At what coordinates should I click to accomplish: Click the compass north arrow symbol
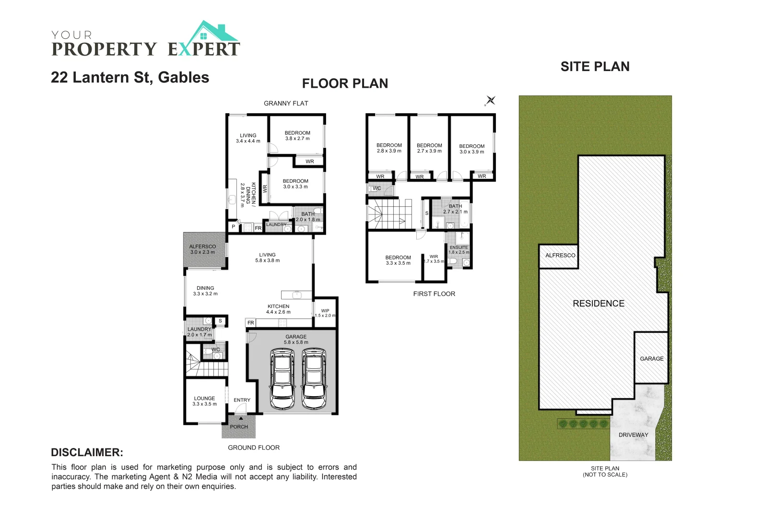490,101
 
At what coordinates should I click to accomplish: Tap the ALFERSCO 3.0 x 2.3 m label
202,249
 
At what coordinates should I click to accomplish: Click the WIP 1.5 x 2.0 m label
325,313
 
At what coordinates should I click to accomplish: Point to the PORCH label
239,426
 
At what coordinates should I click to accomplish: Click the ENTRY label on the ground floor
242,400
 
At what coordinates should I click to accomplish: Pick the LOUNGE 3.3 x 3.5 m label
204,401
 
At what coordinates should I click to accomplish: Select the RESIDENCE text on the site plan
599,303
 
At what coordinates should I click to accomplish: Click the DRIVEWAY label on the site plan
633,435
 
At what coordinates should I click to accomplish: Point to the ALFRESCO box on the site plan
560,255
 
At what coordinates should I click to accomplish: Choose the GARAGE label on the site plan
651,358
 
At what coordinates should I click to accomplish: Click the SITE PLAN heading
595,67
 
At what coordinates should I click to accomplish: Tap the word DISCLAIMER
87,452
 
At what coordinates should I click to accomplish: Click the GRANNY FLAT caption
286,103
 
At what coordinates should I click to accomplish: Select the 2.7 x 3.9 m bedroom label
429,148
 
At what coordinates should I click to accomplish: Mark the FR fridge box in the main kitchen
250,323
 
